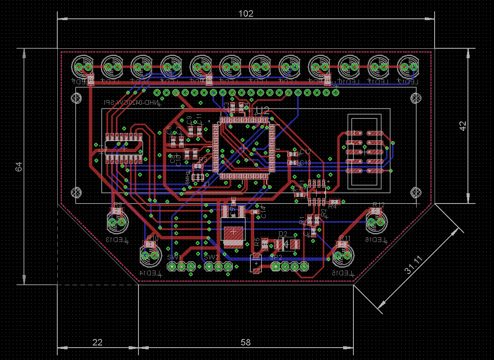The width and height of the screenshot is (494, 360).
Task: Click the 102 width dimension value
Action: (x=246, y=14)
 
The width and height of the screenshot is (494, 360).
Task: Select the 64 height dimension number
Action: (x=19, y=167)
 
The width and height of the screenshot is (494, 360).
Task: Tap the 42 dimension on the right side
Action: (x=462, y=126)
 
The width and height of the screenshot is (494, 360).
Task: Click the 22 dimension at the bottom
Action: (x=97, y=342)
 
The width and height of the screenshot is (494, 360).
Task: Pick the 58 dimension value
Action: (x=246, y=342)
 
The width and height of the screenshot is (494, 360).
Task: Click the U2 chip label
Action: (x=262, y=111)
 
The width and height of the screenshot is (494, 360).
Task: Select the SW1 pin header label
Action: (x=174, y=257)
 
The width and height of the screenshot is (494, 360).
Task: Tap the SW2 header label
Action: (x=212, y=257)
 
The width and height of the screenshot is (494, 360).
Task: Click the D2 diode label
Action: (x=283, y=234)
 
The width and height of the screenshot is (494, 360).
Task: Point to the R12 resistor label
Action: (x=379, y=205)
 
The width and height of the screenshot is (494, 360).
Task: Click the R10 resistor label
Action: (x=153, y=238)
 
